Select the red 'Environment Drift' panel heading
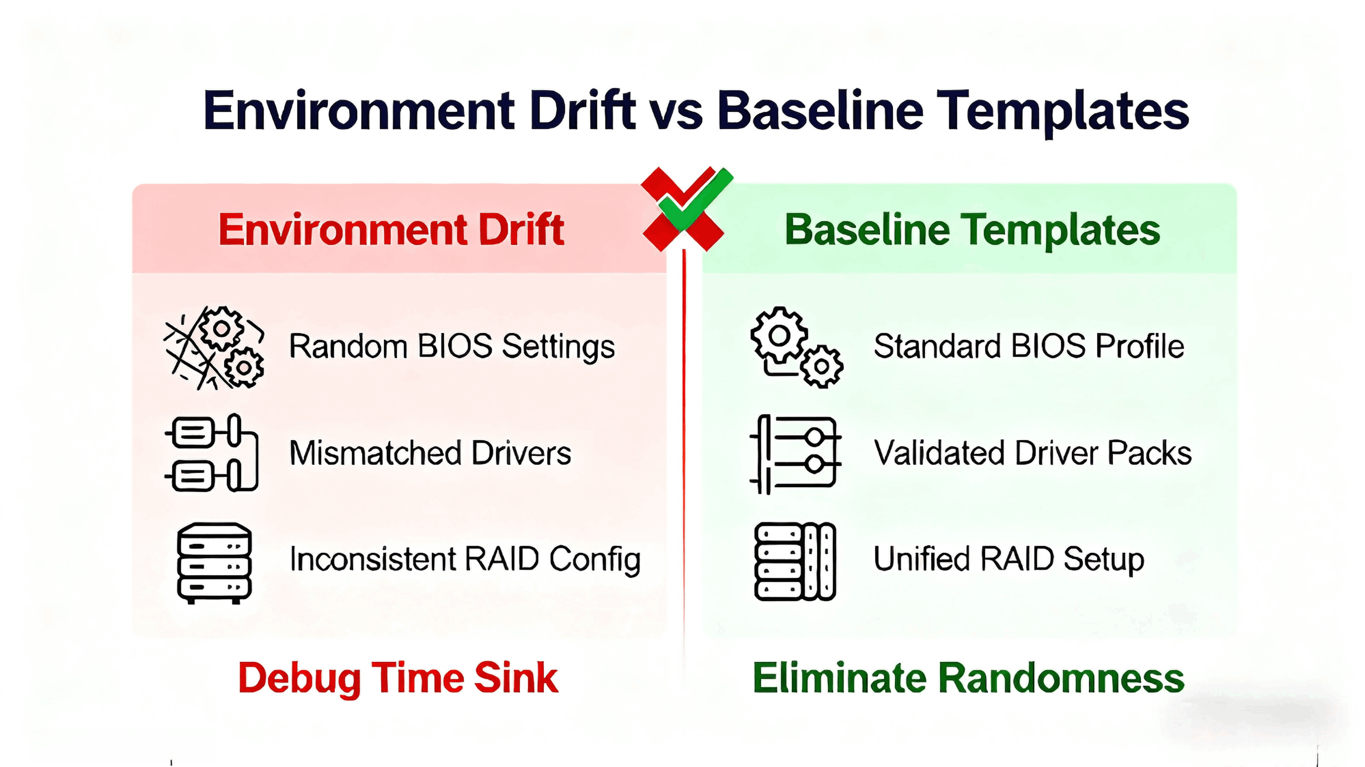(391, 230)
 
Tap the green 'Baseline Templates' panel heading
(972, 230)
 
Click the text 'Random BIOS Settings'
(451, 346)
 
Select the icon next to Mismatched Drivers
(212, 453)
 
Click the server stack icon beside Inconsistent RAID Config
(214, 563)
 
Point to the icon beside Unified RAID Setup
(795, 562)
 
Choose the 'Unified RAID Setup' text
(1008, 559)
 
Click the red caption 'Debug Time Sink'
(397, 678)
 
